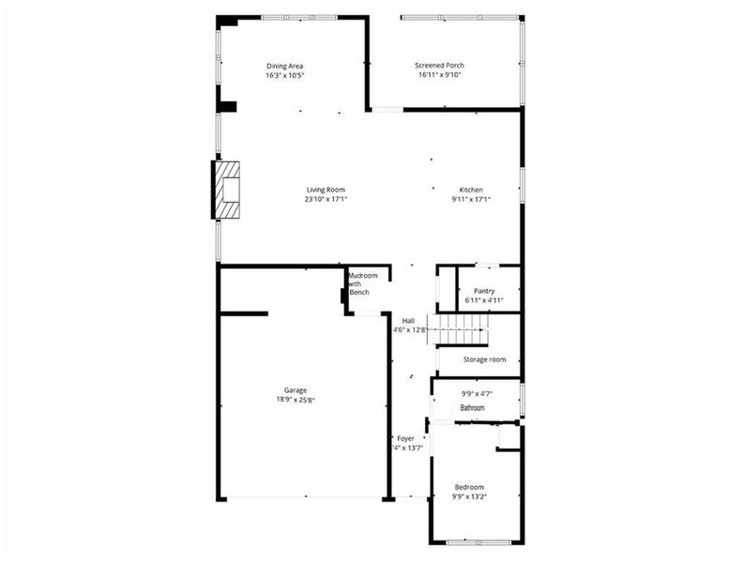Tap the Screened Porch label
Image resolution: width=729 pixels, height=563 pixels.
pos(439,66)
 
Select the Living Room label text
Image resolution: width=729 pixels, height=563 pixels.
pos(326,190)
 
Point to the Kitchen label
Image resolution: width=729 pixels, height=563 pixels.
pos(471,190)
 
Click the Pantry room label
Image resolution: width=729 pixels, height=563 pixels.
pos(484,291)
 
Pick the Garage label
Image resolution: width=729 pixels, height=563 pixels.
pos(296,390)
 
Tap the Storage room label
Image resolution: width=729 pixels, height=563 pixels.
pos(484,359)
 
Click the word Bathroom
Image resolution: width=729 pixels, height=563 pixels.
pos(472,408)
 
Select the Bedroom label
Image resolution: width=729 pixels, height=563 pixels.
pos(469,487)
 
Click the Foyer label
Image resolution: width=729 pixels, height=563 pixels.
pos(405,438)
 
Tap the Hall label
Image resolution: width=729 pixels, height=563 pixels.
pos(409,321)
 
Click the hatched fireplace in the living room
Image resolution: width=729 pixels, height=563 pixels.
pos(227,189)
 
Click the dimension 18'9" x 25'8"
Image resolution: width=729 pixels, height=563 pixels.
pos(296,400)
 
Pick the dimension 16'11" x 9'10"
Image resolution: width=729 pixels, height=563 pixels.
pos(439,75)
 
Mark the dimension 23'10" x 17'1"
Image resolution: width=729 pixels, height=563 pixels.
pos(326,199)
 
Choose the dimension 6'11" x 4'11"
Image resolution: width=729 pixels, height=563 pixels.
pos(484,300)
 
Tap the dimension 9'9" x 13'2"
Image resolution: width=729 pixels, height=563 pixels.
pos(469,496)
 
